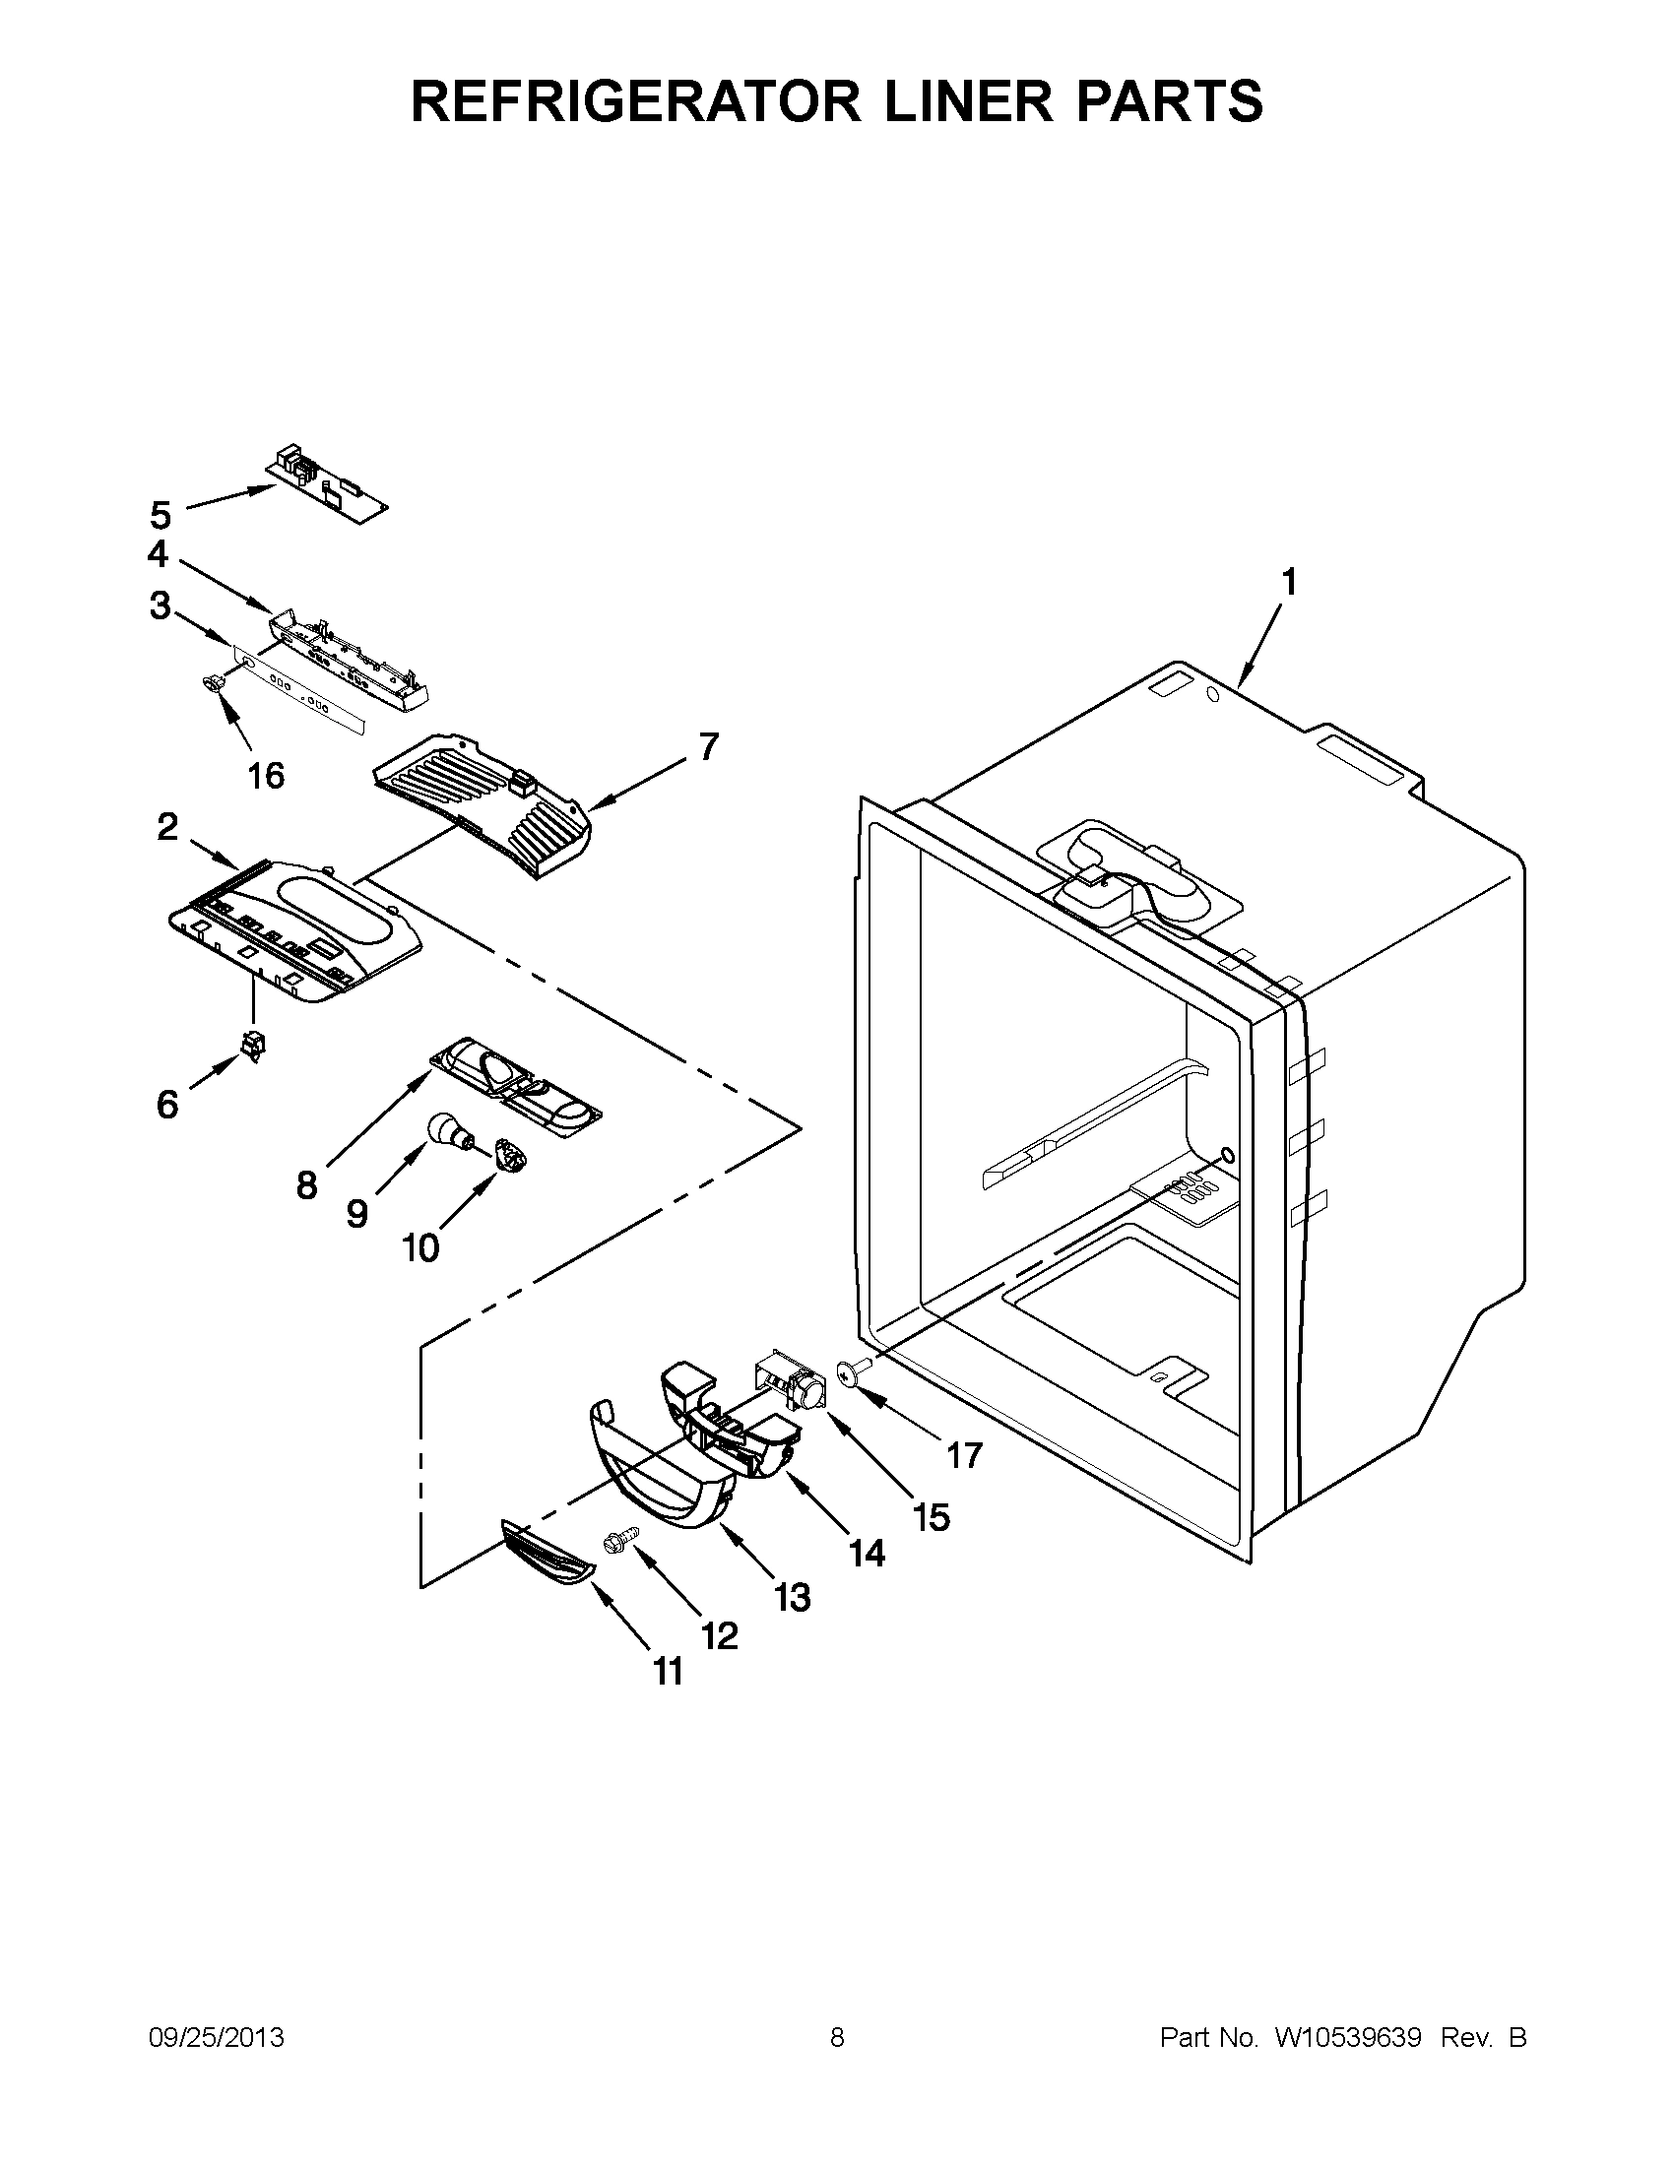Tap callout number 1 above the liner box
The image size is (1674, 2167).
tap(1287, 583)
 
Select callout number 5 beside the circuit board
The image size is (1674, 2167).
tap(161, 516)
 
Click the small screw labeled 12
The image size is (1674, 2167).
tap(615, 1539)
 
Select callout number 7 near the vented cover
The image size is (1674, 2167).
tap(706, 747)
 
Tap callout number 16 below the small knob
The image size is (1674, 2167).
tap(266, 775)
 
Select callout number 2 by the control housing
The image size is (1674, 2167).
tap(167, 826)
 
